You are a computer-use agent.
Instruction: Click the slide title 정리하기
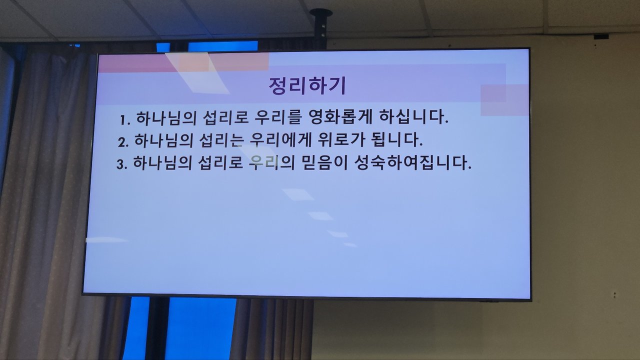tap(307, 85)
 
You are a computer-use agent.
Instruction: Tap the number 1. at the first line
tap(125, 120)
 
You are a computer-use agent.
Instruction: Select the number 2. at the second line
tap(123, 142)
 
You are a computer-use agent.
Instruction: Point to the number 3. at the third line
tap(121, 164)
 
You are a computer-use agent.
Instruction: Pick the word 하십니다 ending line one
tap(413, 117)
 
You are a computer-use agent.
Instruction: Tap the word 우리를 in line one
tap(277, 117)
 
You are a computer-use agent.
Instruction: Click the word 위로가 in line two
tap(341, 139)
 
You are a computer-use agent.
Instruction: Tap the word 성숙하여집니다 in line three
tap(413, 162)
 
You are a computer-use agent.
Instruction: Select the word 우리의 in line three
tap(271, 162)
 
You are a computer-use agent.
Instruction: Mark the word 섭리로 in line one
tap(225, 117)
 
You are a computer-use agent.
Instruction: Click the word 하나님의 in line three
tap(162, 163)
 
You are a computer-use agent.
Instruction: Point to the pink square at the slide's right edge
tap(504, 100)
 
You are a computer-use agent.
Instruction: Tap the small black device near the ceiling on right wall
tap(601, 36)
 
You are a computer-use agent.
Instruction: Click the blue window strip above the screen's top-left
tap(223, 46)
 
